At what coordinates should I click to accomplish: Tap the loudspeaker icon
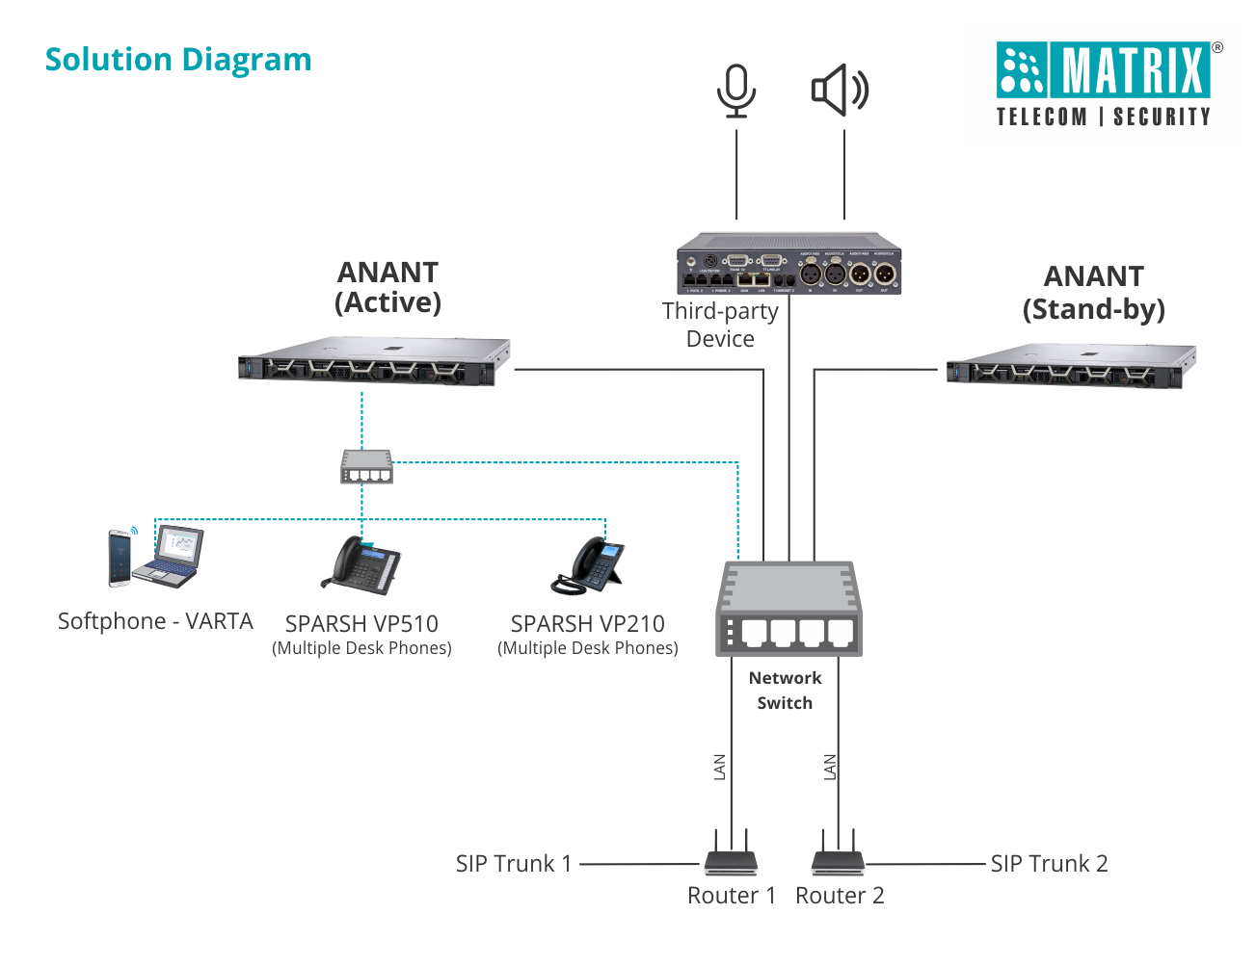click(840, 91)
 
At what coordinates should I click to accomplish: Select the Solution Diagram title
click(178, 60)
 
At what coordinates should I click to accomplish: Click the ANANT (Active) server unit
click(374, 362)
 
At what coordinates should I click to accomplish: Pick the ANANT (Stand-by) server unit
click(1071, 366)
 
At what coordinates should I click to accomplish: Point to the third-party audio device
click(788, 264)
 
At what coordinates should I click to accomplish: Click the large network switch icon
click(788, 610)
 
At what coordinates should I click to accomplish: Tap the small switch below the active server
click(366, 467)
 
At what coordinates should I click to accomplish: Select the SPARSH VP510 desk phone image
click(361, 563)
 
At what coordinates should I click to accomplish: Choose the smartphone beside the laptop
click(120, 558)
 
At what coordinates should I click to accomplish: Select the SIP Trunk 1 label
click(514, 864)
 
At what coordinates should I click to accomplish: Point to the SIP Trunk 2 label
click(1049, 864)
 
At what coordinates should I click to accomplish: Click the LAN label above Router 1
click(719, 767)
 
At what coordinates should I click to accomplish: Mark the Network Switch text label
click(785, 691)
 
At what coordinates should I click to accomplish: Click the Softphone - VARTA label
click(155, 621)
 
